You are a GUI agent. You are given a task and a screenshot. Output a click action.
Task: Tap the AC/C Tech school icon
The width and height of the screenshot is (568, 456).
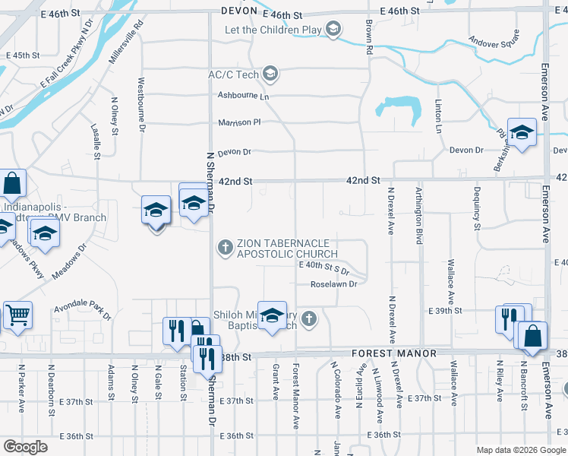click(x=270, y=74)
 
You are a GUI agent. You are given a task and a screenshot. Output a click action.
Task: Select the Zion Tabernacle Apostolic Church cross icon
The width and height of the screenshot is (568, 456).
click(x=225, y=246)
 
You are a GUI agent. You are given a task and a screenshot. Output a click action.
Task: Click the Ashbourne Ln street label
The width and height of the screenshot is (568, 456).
click(x=244, y=96)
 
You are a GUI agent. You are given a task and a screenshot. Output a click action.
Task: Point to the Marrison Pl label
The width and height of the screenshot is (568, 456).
click(x=239, y=122)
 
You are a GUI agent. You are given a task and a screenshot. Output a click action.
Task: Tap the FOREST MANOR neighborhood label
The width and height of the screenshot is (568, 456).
click(x=393, y=353)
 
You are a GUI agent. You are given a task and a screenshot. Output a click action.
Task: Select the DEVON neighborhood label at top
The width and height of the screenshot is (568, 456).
click(x=240, y=11)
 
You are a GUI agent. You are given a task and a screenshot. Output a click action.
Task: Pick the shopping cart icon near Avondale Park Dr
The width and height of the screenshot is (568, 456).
click(x=17, y=314)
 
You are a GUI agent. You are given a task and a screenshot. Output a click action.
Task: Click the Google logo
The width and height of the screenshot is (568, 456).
click(x=25, y=447)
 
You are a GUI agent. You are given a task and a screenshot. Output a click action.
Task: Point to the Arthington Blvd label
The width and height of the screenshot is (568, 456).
click(x=418, y=216)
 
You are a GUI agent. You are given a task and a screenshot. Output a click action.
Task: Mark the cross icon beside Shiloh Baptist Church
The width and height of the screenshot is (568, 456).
click(x=308, y=318)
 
